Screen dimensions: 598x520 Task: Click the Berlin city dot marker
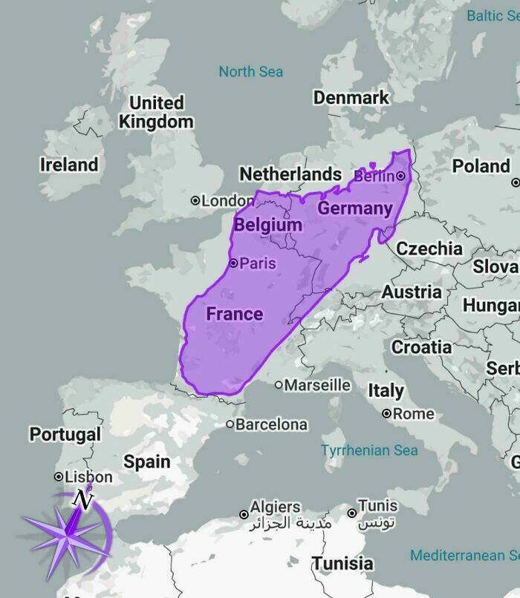tap(400, 176)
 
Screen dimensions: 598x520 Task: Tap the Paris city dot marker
tap(233, 263)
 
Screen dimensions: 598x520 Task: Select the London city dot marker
tap(195, 200)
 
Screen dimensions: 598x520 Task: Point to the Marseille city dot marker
tap(279, 385)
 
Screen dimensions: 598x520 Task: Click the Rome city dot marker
tap(386, 413)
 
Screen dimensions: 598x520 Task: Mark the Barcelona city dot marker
tap(230, 425)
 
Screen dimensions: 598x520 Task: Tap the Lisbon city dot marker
tap(59, 476)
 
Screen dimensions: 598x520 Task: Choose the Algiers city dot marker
tap(243, 514)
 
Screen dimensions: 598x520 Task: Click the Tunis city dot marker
tap(352, 513)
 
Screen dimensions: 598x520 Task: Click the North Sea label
tap(250, 72)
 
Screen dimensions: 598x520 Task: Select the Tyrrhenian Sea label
tap(369, 450)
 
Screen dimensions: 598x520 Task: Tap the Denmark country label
tap(351, 97)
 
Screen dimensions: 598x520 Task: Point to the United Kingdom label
tap(156, 112)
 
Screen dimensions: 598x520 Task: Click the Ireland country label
tap(68, 164)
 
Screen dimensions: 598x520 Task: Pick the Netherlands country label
tap(290, 174)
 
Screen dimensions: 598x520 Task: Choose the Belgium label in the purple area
tap(267, 224)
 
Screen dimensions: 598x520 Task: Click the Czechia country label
tap(429, 248)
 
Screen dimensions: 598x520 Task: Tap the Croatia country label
tap(421, 346)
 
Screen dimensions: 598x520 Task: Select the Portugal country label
tap(65, 434)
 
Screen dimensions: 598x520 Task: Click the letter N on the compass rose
tap(85, 501)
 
